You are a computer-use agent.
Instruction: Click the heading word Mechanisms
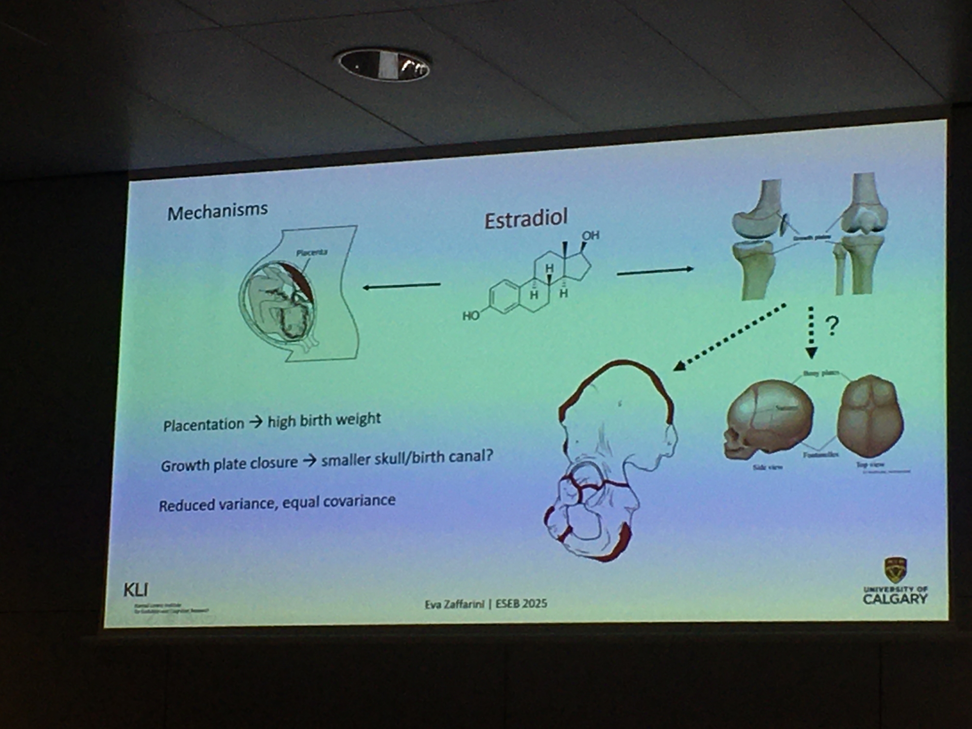(217, 211)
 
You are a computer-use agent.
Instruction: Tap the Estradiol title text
(526, 219)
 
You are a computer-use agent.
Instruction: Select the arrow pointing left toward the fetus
(401, 286)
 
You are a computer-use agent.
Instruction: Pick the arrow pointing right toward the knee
(655, 271)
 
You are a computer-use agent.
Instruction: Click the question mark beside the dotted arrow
(833, 326)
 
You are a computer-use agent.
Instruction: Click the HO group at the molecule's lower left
(470, 316)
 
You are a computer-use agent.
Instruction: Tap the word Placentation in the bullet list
(204, 425)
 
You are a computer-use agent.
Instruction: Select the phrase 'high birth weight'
(324, 420)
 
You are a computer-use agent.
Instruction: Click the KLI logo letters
(136, 590)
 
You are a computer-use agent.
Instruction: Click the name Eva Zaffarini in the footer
(454, 605)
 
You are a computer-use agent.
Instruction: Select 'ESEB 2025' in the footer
(521, 604)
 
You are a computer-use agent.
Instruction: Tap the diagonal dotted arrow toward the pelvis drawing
(729, 337)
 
